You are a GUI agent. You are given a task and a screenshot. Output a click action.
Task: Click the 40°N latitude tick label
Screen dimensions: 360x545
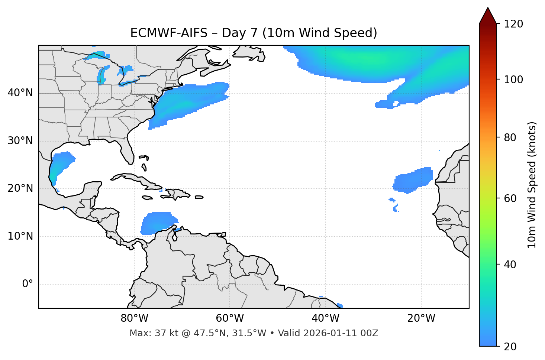pyautogui.click(x=20, y=93)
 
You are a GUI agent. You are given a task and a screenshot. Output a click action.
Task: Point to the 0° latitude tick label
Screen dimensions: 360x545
pyautogui.click(x=28, y=284)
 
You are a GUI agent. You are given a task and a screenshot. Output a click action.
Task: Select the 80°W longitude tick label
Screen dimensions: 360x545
pyautogui.click(x=134, y=318)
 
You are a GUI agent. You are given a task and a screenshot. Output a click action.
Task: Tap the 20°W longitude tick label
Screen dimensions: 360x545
pyautogui.click(x=421, y=318)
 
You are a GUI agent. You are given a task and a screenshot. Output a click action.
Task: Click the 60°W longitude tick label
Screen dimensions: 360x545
pyautogui.click(x=230, y=318)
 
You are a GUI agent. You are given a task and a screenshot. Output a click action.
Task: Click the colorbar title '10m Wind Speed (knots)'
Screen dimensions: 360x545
pyautogui.click(x=532, y=185)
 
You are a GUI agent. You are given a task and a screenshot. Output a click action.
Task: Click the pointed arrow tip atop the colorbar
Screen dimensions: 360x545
pyautogui.click(x=488, y=9)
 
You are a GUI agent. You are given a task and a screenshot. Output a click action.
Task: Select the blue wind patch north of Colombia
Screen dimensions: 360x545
pyautogui.click(x=157, y=223)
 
